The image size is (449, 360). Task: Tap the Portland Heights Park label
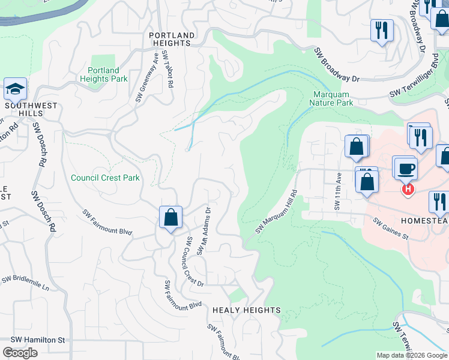(x=103, y=74)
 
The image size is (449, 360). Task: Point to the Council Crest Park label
(x=105, y=178)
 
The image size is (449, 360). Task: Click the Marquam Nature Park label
(x=331, y=98)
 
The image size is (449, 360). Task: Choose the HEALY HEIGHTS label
(x=247, y=310)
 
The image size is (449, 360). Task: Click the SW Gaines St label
(x=390, y=229)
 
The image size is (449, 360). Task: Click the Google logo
(x=20, y=353)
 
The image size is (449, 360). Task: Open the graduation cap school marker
(x=15, y=89)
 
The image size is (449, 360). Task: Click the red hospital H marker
(x=408, y=189)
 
